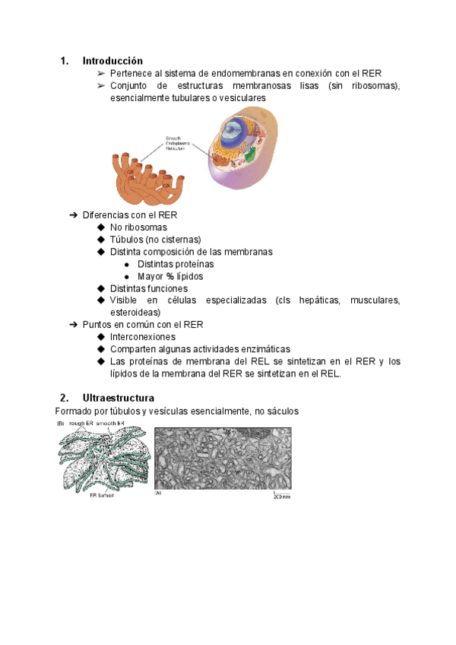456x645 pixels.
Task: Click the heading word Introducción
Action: [x=112, y=61]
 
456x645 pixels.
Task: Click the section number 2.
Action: [x=64, y=398]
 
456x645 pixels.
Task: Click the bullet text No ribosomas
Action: [x=138, y=227]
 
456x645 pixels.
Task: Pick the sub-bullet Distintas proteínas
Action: [x=176, y=264]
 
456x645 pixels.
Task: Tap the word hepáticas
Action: [x=317, y=300]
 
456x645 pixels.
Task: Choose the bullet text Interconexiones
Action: [x=142, y=337]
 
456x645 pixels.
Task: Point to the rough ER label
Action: [x=79, y=423]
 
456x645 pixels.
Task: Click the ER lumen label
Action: [x=99, y=494]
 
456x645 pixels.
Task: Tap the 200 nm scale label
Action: [x=281, y=495]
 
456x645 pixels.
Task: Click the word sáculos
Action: [x=282, y=411]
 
